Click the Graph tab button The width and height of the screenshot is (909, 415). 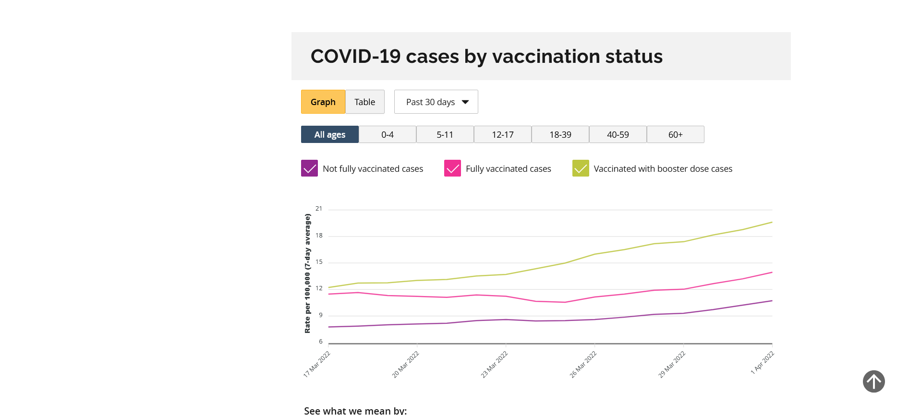pos(323,102)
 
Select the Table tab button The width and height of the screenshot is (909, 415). pos(365,102)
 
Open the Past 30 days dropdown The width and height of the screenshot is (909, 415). pos(436,102)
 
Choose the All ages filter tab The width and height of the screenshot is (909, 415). pos(330,134)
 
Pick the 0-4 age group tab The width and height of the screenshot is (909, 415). pos(388,134)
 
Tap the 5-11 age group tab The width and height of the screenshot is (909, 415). pos(445,134)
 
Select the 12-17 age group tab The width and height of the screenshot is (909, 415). pos(503,134)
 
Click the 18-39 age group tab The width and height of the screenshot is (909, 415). pos(560,134)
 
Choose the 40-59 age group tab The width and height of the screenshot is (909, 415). pos(618,134)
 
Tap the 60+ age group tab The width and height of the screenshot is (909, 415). pos(676,134)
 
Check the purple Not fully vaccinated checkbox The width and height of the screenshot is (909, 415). pos(309,168)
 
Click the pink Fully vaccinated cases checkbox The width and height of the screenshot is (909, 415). pos(452,168)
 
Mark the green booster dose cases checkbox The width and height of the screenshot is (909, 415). pos(581,168)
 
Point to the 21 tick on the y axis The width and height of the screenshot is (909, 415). pos(319,209)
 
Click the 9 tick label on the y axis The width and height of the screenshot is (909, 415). pos(321,315)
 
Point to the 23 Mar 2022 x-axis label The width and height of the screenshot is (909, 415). pos(495,364)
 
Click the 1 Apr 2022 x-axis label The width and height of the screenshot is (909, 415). pos(763,363)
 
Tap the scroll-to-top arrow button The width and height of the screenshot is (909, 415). pos(873,381)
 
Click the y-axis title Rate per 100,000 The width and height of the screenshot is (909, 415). pos(307,273)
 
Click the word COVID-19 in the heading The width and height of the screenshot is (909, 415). pos(355,57)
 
